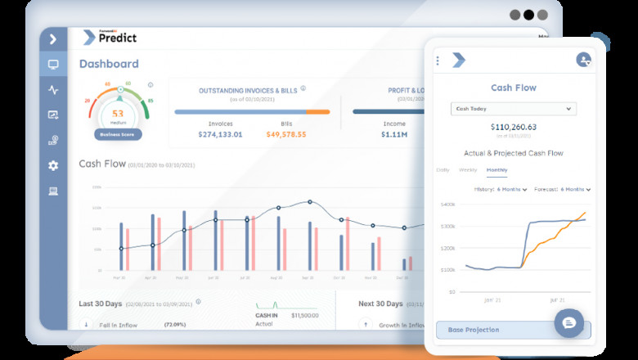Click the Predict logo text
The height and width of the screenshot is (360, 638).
pyautogui.click(x=117, y=38)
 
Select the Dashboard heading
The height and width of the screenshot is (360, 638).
pyautogui.click(x=109, y=64)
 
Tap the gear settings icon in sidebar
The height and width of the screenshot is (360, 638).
pyautogui.click(x=53, y=165)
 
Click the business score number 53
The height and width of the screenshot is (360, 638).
pyautogui.click(x=119, y=114)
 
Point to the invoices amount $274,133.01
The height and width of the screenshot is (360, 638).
pyautogui.click(x=209, y=134)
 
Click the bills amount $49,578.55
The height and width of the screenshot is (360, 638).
pyautogui.click(x=285, y=134)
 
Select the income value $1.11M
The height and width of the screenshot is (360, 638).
pyautogui.click(x=394, y=134)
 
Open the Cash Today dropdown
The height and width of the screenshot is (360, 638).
pyautogui.click(x=513, y=109)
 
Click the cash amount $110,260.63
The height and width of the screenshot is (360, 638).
pyautogui.click(x=514, y=127)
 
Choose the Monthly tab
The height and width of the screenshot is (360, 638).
pyautogui.click(x=496, y=170)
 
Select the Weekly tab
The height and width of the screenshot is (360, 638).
pyautogui.click(x=468, y=170)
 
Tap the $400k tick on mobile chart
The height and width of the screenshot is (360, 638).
pyautogui.click(x=447, y=205)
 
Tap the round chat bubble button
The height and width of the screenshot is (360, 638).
pyautogui.click(x=569, y=323)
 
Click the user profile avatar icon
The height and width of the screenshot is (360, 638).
pyautogui.click(x=583, y=60)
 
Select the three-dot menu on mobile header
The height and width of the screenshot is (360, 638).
pyautogui.click(x=438, y=61)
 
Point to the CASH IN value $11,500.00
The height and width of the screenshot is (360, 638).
pyautogui.click(x=303, y=315)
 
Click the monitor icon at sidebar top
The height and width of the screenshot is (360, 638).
pyautogui.click(x=53, y=64)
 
